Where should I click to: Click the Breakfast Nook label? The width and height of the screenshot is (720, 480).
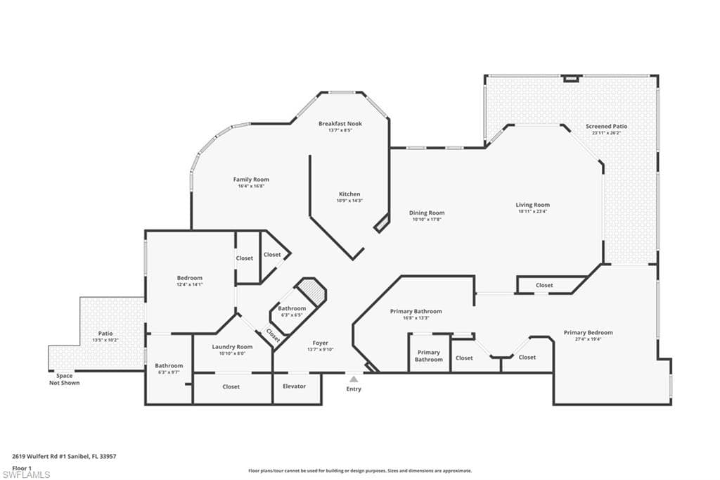pos(340,124)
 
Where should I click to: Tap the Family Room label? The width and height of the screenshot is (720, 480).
pos(251,179)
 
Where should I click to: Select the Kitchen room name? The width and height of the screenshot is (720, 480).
pos(349,194)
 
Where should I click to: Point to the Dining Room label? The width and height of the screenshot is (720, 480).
pos(427,213)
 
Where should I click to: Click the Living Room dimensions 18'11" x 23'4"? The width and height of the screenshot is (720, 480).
pos(532,211)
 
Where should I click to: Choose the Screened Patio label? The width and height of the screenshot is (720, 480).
pos(606,127)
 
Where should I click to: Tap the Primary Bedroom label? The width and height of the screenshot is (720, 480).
pos(588,332)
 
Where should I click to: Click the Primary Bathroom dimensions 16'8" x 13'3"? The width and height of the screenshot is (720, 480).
pos(416,317)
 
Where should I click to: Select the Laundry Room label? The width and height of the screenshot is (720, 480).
pos(232,346)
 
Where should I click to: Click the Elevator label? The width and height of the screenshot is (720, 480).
pos(293,386)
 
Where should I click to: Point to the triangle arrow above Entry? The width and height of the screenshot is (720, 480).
pos(354,379)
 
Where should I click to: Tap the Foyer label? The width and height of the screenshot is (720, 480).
pos(320,343)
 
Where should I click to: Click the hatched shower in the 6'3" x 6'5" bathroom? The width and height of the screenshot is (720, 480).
pos(310,290)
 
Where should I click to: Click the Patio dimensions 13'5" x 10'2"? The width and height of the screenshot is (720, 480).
pos(105,340)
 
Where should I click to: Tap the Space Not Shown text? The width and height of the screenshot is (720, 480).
pos(64,379)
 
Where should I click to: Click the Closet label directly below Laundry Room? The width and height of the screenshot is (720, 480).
pos(231,386)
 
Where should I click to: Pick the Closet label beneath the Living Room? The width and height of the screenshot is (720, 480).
pos(544,285)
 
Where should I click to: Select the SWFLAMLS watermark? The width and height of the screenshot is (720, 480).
pos(26,474)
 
